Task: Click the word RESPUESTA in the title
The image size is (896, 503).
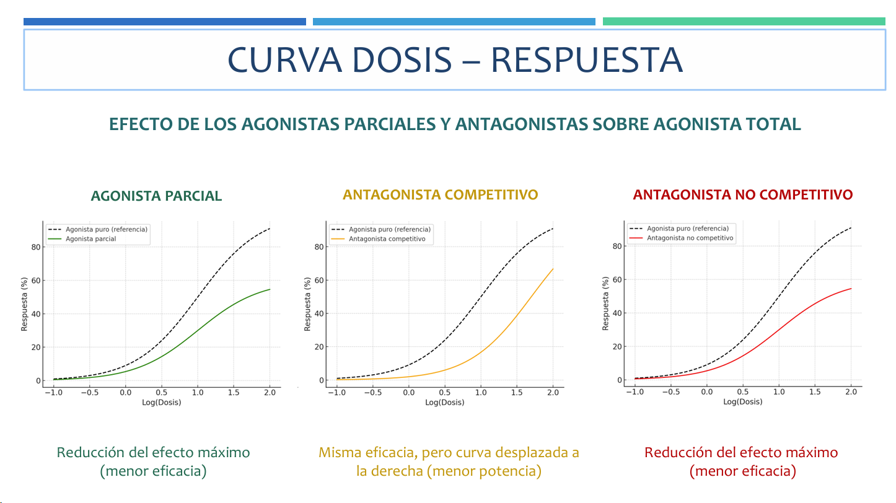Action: click(x=587, y=59)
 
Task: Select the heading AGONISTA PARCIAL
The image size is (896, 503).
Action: click(x=156, y=196)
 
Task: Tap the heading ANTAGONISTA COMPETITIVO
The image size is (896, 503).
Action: click(x=441, y=195)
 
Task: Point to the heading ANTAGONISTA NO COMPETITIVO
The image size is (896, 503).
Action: click(x=743, y=195)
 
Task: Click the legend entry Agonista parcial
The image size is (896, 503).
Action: click(x=90, y=239)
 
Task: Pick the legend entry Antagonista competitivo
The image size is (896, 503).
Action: click(x=387, y=239)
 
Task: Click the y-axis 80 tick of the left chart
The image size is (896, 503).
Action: click(x=35, y=247)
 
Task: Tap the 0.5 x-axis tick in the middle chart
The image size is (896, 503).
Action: click(x=444, y=393)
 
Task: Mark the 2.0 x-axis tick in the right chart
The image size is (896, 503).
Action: click(x=851, y=392)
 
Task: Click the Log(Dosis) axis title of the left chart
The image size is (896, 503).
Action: click(x=161, y=403)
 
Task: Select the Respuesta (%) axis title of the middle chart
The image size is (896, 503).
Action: click(x=308, y=304)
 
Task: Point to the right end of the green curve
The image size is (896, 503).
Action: click(x=270, y=289)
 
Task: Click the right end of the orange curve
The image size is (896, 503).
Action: click(x=553, y=269)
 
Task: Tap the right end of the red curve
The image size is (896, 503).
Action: click(x=851, y=289)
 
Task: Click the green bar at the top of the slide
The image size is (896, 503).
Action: click(x=744, y=22)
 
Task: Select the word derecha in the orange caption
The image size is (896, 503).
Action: click(x=398, y=471)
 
